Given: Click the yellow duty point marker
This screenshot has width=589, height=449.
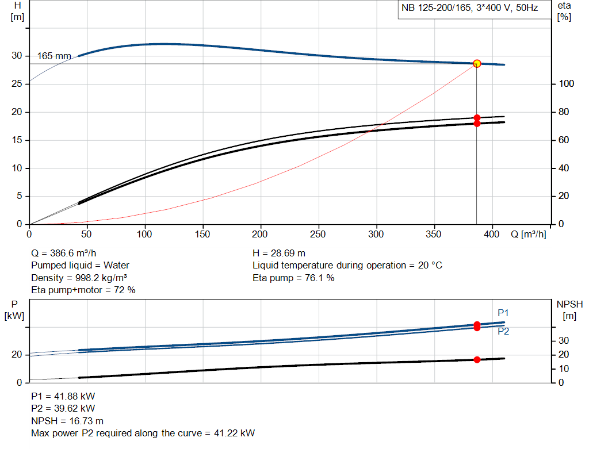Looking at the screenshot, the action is [477, 63].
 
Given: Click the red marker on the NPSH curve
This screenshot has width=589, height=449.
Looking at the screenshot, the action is [477, 360].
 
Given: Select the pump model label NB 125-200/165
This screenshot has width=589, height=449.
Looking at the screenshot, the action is [436, 8].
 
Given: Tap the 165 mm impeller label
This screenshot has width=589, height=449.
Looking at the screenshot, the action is [54, 56].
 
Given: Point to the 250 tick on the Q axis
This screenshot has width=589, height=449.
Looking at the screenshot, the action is [318, 234].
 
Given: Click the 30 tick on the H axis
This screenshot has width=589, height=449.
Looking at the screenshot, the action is [17, 56].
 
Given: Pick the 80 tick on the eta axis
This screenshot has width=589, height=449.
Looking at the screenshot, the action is [564, 112].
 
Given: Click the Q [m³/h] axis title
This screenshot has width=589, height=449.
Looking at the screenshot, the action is [528, 234].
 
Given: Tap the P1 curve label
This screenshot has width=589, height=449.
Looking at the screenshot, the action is [503, 313].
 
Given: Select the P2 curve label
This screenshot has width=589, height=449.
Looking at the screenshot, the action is [503, 331].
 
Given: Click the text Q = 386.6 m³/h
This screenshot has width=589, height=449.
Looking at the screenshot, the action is [63, 253].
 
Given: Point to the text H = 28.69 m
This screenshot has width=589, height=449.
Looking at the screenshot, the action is [279, 253].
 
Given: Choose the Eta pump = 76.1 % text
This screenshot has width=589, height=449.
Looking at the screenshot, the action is [293, 278].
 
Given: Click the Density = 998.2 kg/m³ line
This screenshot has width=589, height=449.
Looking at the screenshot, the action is [79, 278].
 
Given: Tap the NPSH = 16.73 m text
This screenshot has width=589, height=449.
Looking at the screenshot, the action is [67, 421].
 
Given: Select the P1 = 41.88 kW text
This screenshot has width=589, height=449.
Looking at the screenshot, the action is [63, 396].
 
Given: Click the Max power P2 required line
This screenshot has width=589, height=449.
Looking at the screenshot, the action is [143, 433].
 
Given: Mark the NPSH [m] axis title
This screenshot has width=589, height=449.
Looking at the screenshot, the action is [569, 310].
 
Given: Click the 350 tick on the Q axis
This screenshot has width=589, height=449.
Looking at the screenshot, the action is [434, 234].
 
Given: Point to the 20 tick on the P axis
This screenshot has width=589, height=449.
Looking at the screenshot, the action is [17, 355].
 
